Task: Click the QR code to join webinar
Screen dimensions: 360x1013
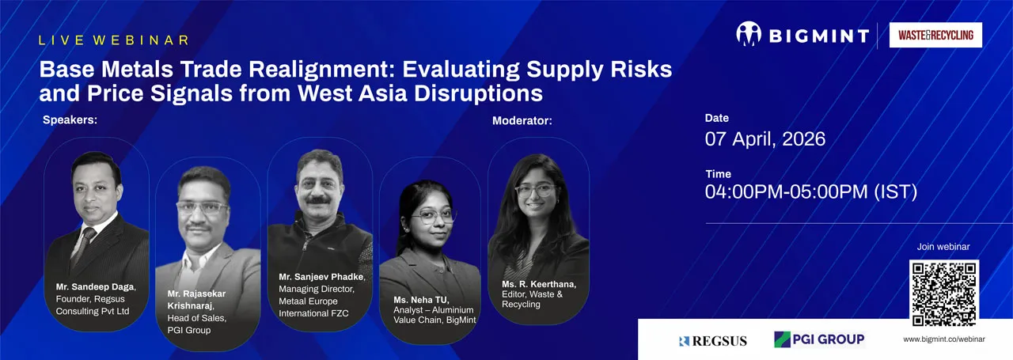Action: pyautogui.click(x=944, y=293)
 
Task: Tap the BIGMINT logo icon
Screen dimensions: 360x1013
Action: pyautogui.click(x=748, y=34)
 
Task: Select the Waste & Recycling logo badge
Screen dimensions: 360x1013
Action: pyautogui.click(x=935, y=35)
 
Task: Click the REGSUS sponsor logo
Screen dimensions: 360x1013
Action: pyautogui.click(x=711, y=341)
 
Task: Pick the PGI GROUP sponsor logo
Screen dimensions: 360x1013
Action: pyautogui.click(x=818, y=339)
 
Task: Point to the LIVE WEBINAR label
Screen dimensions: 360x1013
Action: pyautogui.click(x=114, y=40)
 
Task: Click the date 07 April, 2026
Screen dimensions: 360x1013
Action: pyautogui.click(x=764, y=139)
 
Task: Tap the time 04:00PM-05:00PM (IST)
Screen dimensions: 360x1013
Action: pyautogui.click(x=810, y=191)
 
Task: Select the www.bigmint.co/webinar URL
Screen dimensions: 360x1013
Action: pyautogui.click(x=943, y=339)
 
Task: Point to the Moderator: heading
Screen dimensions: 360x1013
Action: pyautogui.click(x=522, y=121)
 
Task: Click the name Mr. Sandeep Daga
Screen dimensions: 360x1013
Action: pyautogui.click(x=95, y=286)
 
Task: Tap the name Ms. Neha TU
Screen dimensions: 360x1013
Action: pyautogui.click(x=421, y=300)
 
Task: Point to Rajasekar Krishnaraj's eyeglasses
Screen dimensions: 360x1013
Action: pyautogui.click(x=202, y=208)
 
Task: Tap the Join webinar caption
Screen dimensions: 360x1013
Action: pyautogui.click(x=943, y=247)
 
